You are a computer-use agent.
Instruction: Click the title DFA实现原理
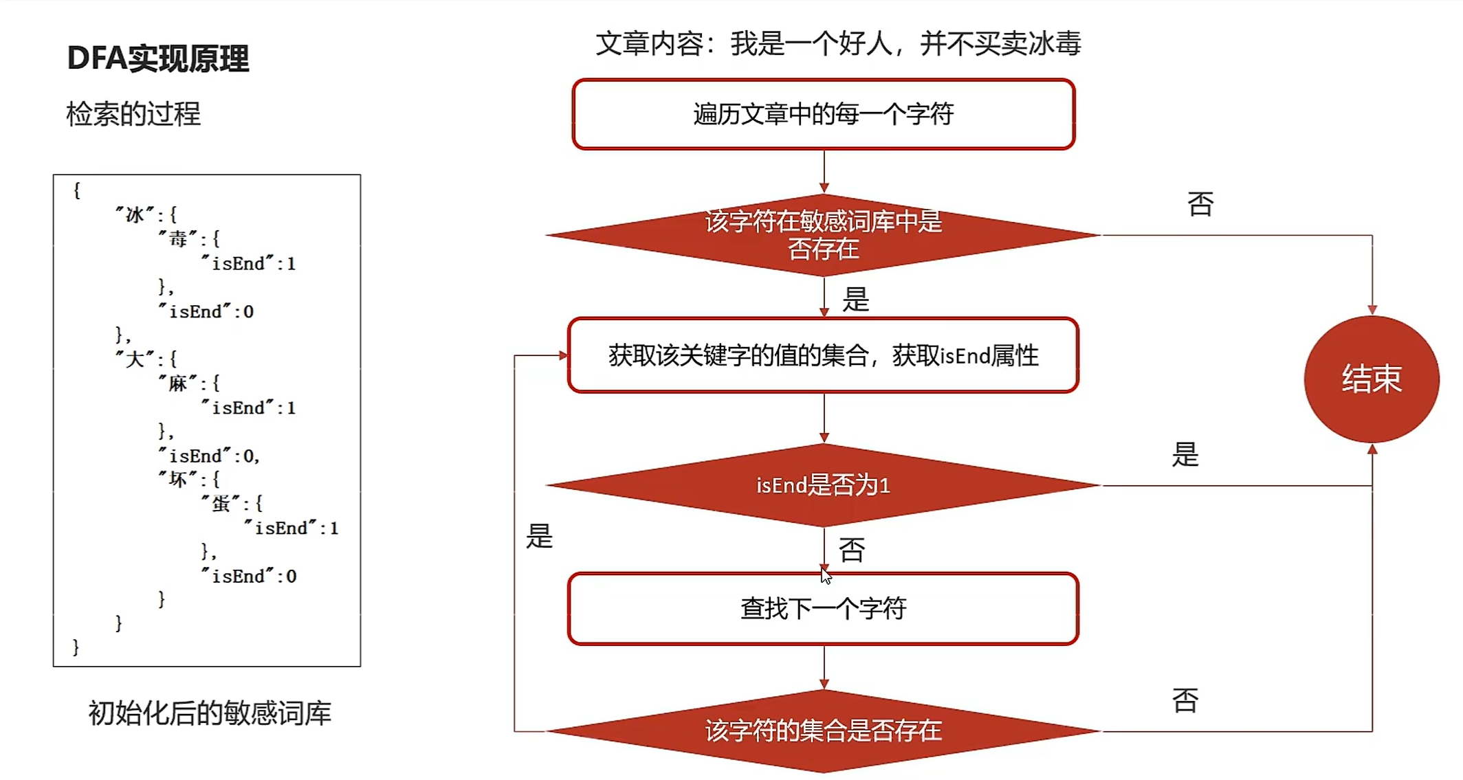click(157, 58)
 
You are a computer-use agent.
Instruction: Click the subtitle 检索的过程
click(133, 114)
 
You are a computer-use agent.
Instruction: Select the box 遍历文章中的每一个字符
click(823, 114)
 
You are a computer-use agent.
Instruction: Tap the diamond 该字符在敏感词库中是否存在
click(823, 235)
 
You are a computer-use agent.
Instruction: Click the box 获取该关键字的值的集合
click(823, 355)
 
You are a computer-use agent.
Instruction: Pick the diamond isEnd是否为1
click(823, 485)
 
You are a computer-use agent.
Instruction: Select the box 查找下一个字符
click(823, 609)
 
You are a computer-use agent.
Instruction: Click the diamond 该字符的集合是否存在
click(823, 731)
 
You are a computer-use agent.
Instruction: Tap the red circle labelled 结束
click(1371, 379)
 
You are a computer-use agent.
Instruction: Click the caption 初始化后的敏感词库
click(210, 713)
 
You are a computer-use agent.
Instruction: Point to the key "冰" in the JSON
click(135, 215)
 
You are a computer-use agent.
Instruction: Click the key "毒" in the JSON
click(178, 239)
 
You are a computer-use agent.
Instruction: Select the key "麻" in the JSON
click(178, 383)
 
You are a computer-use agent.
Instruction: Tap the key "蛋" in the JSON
click(221, 504)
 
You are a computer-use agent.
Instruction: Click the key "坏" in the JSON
click(178, 479)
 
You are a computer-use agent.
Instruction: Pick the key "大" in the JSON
click(135, 359)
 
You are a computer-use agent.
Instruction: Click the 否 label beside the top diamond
click(1200, 204)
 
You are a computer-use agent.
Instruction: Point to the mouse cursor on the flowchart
click(826, 575)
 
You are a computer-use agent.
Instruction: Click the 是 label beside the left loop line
click(540, 536)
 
